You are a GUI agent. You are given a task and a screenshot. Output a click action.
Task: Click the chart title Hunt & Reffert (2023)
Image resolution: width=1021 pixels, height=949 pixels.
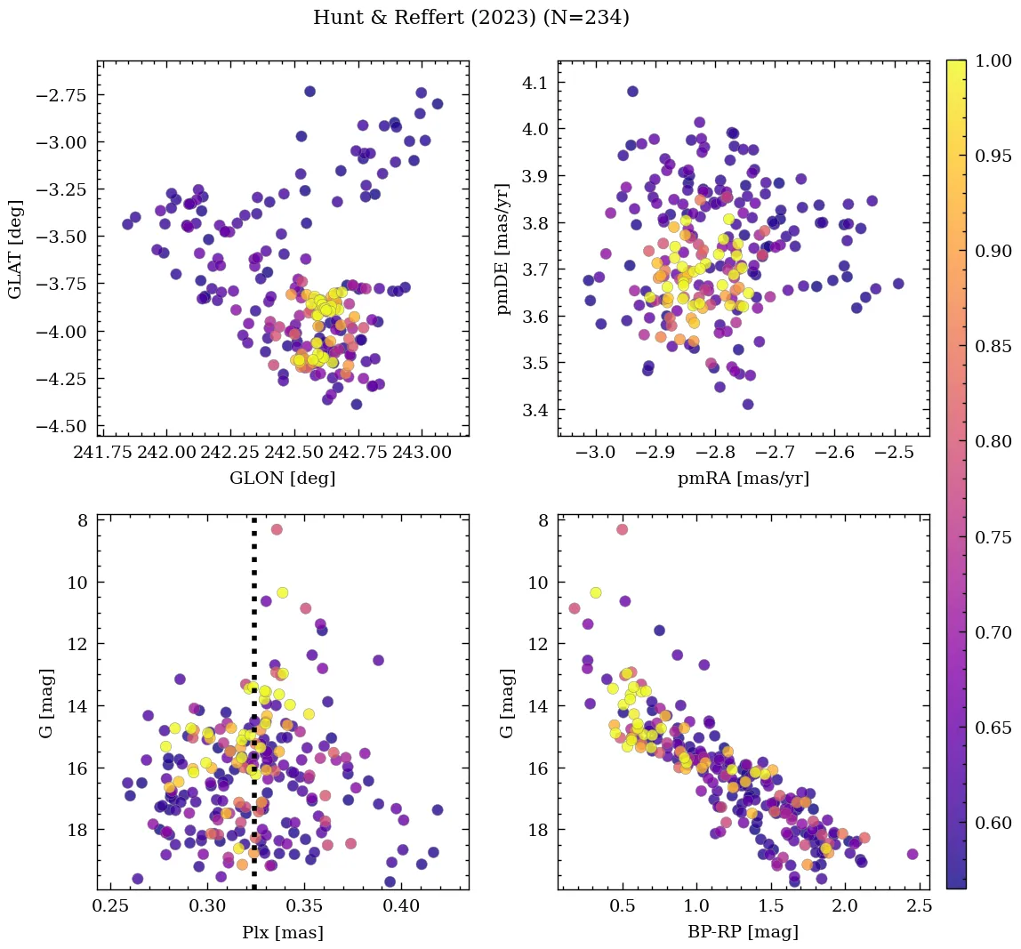[471, 18]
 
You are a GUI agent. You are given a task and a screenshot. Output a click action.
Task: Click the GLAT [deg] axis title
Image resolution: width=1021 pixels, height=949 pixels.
[15, 248]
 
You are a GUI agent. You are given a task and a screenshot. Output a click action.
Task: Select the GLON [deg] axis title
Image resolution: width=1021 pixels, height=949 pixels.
[282, 478]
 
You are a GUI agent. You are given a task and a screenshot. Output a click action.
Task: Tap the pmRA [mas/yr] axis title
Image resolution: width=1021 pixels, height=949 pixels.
[744, 478]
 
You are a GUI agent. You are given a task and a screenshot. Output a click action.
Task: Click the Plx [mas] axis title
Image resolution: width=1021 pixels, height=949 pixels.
[282, 932]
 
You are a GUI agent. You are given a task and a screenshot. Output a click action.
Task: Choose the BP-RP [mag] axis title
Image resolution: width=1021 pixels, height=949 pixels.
[744, 932]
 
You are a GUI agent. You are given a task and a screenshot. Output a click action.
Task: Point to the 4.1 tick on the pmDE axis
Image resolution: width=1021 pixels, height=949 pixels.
[532, 83]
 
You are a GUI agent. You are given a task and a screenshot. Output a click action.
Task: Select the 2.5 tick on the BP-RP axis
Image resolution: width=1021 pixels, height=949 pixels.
[919, 907]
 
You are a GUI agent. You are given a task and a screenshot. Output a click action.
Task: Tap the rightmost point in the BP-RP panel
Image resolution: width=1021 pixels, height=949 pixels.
[912, 854]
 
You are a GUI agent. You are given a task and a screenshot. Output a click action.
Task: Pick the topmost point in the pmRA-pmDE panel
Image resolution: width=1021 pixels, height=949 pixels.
[632, 92]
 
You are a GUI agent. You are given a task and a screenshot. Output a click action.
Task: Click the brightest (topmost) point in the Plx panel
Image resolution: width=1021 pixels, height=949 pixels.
[277, 529]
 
